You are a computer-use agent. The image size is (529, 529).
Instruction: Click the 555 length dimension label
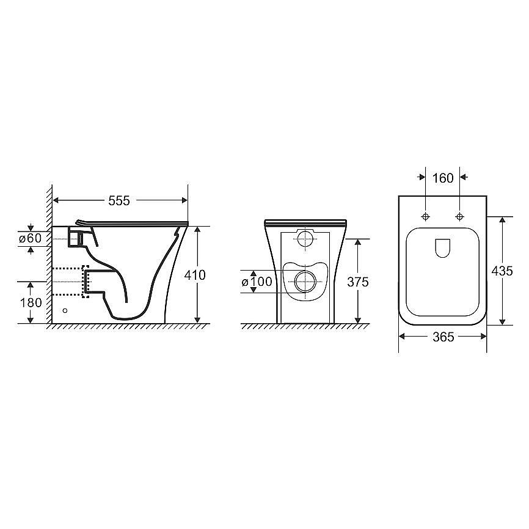point(119,201)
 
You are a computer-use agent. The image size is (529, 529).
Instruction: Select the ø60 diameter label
point(30,238)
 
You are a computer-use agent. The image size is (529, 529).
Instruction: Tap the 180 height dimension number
point(31,302)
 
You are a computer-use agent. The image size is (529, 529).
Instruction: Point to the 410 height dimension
point(195,275)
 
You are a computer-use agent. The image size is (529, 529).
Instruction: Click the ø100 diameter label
point(257,282)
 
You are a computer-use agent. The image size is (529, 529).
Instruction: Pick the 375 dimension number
point(358,282)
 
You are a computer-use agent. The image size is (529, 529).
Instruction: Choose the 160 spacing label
point(443,178)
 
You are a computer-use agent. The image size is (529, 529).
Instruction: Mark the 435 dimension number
point(502,271)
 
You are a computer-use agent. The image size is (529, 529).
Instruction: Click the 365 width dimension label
point(443,337)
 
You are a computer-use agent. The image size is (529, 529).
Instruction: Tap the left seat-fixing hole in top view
point(426,217)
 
